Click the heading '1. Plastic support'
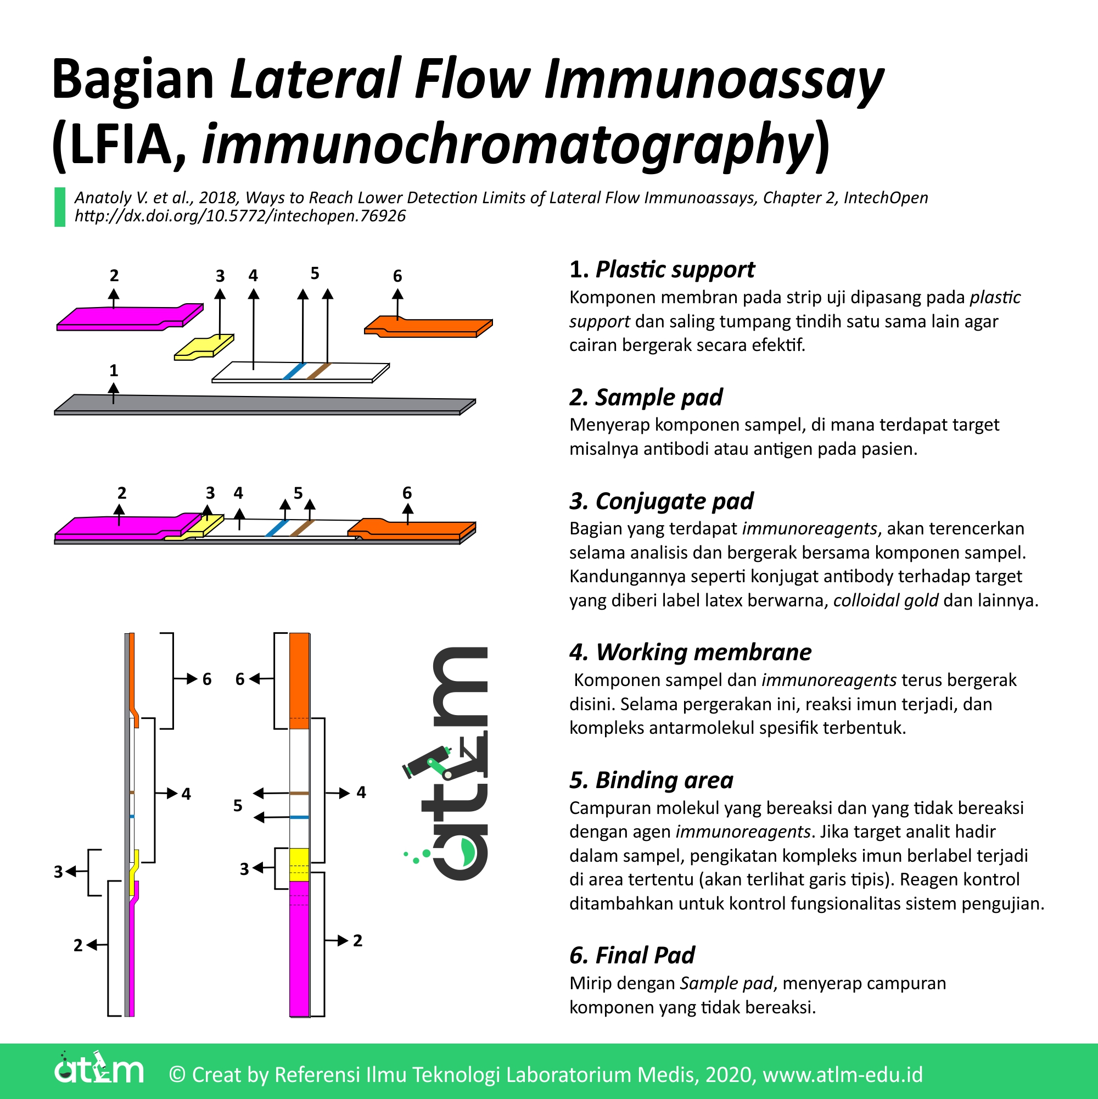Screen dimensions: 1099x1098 (662, 270)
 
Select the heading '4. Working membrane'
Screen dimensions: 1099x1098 (690, 652)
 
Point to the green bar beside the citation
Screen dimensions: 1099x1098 (60, 207)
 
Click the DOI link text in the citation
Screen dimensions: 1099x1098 (240, 216)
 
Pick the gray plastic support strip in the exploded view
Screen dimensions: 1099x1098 (261, 404)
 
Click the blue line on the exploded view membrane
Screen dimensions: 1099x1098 (295, 371)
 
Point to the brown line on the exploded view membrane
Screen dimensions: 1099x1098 (318, 371)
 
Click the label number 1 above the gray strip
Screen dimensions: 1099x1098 (114, 371)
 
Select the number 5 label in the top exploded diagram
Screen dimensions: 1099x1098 (315, 274)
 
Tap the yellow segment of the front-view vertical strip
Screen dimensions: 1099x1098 (300, 864)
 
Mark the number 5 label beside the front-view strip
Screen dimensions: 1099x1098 (238, 806)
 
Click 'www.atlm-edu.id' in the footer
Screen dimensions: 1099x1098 (843, 1075)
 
